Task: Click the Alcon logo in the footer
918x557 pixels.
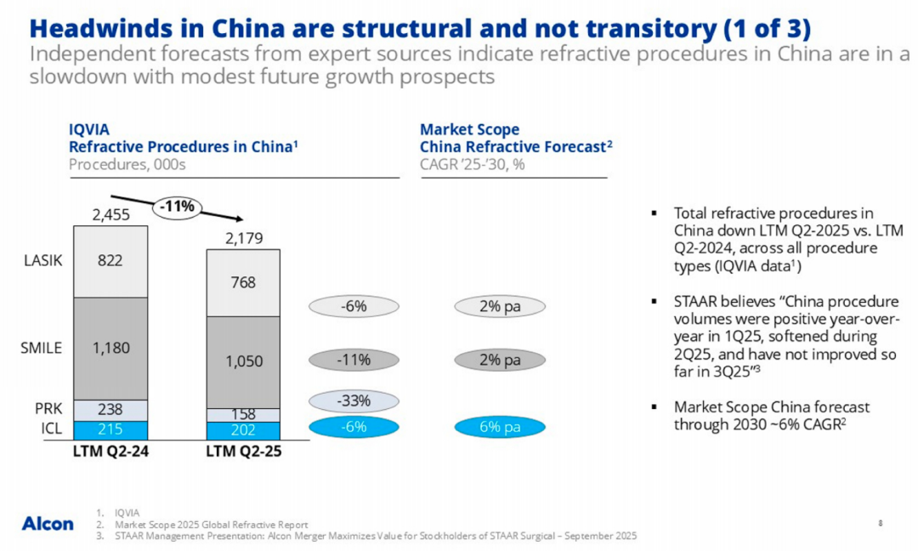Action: pyautogui.click(x=48, y=523)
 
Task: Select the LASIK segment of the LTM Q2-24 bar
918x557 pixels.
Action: pyautogui.click(x=110, y=261)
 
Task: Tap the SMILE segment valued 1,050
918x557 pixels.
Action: pyautogui.click(x=243, y=361)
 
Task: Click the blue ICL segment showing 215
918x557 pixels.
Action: pyautogui.click(x=110, y=429)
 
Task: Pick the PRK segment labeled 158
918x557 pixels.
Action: pyautogui.click(x=243, y=414)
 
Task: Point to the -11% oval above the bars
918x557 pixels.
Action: pyautogui.click(x=179, y=206)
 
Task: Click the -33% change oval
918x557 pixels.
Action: pyautogui.click(x=354, y=401)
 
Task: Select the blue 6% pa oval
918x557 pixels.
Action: pyautogui.click(x=500, y=427)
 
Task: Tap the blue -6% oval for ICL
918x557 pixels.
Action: pyautogui.click(x=354, y=427)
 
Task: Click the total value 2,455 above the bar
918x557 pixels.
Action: pyautogui.click(x=110, y=215)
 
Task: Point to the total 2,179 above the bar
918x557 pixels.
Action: pyautogui.click(x=243, y=239)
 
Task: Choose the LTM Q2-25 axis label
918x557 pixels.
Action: pyautogui.click(x=243, y=451)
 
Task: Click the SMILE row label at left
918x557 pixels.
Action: pyautogui.click(x=41, y=348)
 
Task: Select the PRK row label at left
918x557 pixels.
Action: pyautogui.click(x=48, y=409)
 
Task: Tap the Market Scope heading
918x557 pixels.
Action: pyautogui.click(x=469, y=130)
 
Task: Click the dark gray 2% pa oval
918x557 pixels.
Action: pyautogui.click(x=500, y=360)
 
